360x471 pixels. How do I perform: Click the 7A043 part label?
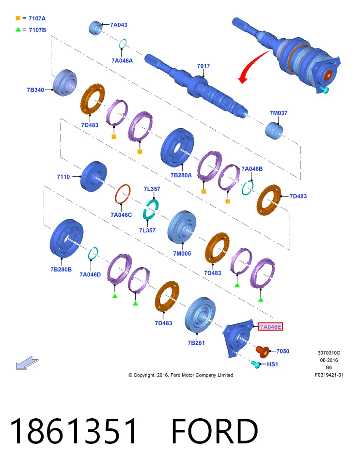(119, 25)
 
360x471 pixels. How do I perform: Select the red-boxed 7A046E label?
(270, 327)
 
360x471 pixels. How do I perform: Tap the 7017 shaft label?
(203, 66)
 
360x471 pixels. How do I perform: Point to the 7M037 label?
(278, 113)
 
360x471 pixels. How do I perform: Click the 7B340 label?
(35, 90)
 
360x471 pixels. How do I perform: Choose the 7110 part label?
(63, 177)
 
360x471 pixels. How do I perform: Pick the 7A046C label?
(121, 215)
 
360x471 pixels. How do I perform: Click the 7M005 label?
(182, 254)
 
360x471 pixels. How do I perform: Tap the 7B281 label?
(196, 343)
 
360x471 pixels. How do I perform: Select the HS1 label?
(272, 364)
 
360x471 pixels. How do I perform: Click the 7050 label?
(282, 351)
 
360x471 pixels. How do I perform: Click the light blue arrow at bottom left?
(27, 363)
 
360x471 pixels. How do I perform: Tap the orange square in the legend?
(18, 18)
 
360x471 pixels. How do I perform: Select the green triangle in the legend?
(18, 30)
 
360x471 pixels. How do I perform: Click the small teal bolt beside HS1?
(256, 365)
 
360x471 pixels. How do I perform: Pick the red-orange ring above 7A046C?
(123, 194)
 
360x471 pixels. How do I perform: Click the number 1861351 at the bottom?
(73, 431)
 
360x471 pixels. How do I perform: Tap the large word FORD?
(215, 431)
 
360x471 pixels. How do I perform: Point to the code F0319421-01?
(329, 375)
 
